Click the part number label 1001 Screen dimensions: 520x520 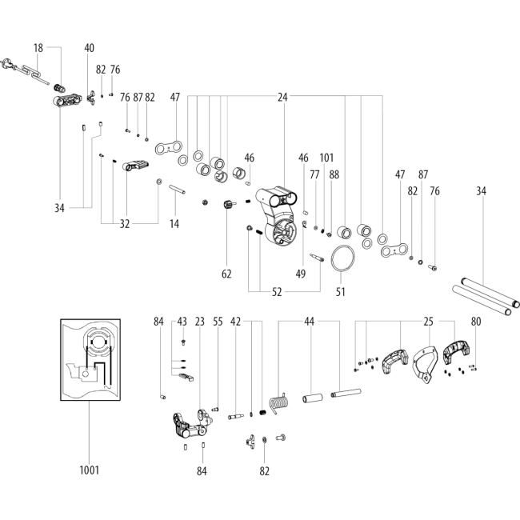coord(90,470)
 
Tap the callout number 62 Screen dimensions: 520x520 coord(226,274)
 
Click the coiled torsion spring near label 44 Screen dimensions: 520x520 coord(279,402)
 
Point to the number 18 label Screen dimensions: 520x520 coord(38,48)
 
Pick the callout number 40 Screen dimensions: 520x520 coord(90,48)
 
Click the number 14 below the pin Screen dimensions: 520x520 coord(174,224)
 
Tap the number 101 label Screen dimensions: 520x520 coord(326,158)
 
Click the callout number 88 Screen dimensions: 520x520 coord(334,174)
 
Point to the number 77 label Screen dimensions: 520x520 coord(314,174)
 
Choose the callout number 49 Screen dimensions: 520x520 coord(301,274)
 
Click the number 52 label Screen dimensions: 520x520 coord(277,292)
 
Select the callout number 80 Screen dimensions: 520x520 coord(476,322)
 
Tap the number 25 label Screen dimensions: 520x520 coord(429,322)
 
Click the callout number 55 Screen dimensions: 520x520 coord(218,322)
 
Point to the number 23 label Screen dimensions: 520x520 coord(200,322)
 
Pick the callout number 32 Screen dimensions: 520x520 coord(124,224)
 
